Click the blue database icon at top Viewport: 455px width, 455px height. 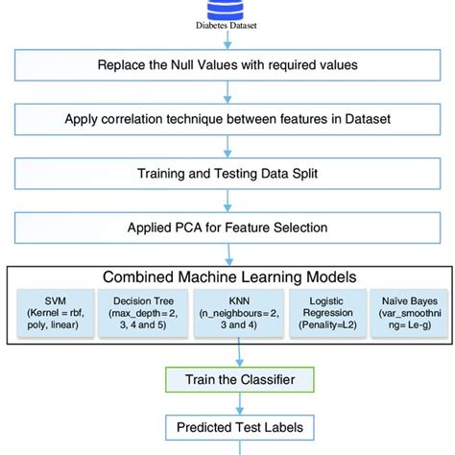[227, 8]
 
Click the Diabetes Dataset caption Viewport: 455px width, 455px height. [227, 28]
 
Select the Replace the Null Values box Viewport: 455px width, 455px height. [227, 66]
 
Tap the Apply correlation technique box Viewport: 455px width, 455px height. [227, 120]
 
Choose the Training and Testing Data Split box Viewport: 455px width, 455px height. [227, 174]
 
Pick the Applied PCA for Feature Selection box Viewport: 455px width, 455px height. [227, 228]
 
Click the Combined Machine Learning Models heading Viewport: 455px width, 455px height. [227, 277]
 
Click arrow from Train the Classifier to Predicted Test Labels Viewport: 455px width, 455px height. [227, 403]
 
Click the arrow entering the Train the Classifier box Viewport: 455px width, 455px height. [227, 354]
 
